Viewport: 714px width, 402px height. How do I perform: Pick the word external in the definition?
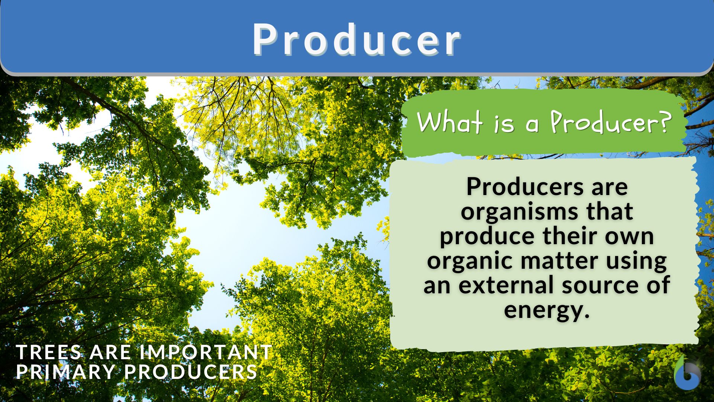point(507,285)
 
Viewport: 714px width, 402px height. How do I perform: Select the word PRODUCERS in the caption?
point(191,372)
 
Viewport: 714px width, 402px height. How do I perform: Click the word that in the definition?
point(610,211)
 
